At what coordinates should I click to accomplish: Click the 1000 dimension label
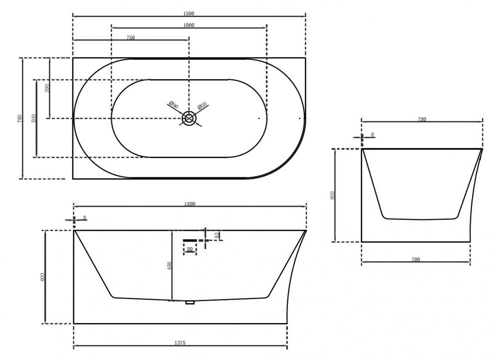(189, 25)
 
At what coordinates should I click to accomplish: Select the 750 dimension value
(130, 38)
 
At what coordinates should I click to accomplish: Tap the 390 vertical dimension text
(47, 88)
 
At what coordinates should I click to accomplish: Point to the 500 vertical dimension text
(34, 118)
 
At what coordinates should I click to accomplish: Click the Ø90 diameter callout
(174, 105)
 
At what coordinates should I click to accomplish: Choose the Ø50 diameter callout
(202, 106)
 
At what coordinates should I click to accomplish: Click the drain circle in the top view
(189, 118)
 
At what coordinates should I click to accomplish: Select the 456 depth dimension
(169, 266)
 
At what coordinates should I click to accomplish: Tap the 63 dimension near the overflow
(217, 235)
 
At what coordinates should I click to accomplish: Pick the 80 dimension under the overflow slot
(190, 249)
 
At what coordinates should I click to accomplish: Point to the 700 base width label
(416, 260)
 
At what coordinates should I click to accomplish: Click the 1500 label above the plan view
(189, 13)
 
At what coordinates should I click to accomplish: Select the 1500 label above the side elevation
(190, 204)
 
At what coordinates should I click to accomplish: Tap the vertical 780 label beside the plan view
(20, 118)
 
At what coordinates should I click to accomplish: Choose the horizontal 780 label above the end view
(422, 119)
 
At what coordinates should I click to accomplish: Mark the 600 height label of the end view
(332, 195)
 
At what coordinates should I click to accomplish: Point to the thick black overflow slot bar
(190, 240)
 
